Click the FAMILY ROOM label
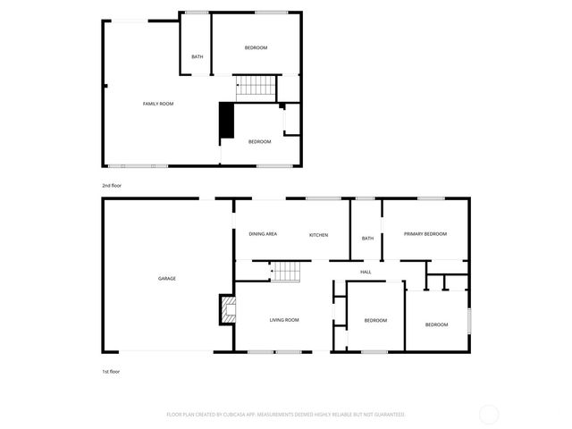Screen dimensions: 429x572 tap(158, 104)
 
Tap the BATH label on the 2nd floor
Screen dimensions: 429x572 tap(197, 57)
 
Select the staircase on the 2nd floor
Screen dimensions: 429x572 tap(256, 85)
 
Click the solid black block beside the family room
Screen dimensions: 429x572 tap(227, 121)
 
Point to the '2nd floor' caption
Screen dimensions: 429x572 tap(111, 185)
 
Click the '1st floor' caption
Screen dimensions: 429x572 tap(110, 370)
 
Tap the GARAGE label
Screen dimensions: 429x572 tap(167, 278)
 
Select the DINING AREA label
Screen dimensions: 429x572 tap(262, 234)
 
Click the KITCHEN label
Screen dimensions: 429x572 tap(318, 234)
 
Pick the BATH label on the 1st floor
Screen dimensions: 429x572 tap(366, 238)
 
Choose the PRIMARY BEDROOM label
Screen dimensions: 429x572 tap(425, 233)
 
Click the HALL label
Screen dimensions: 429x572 tap(366, 272)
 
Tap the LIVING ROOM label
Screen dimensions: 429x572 tap(284, 319)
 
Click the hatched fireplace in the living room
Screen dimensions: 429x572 tap(228, 309)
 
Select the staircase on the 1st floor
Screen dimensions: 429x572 tap(284, 271)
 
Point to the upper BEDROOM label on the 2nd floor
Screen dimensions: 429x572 tap(256, 47)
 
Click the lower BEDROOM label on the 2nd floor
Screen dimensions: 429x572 tap(259, 141)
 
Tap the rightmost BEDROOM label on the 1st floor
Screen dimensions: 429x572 tap(436, 324)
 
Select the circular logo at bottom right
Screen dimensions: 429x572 tap(489, 415)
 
